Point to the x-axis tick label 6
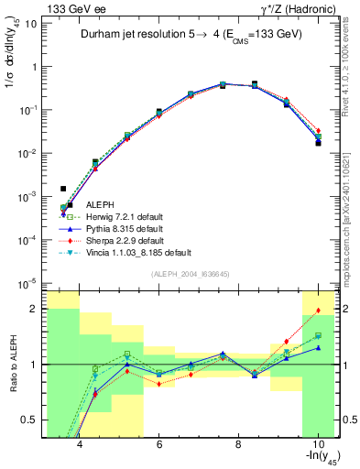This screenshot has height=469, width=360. coord(159,444)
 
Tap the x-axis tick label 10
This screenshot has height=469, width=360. coord(317,444)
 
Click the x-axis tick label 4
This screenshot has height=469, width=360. coord(81,444)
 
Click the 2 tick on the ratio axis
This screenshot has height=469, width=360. coord(36,309)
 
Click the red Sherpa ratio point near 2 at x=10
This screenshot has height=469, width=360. coord(318,311)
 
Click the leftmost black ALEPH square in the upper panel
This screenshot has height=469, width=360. coord(63,189)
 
